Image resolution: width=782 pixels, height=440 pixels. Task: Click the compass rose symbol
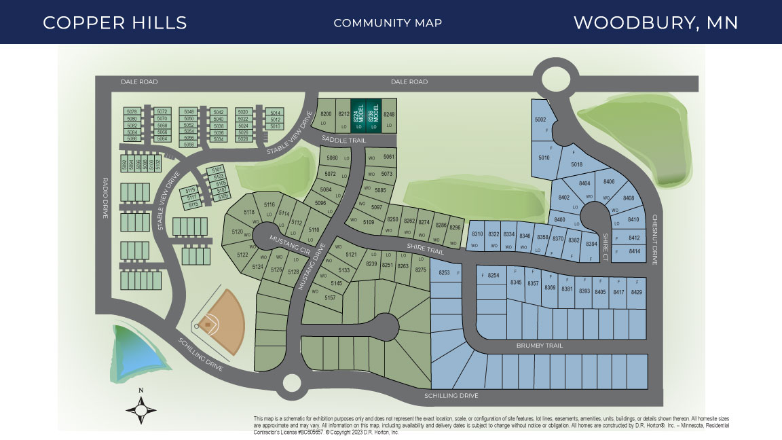pyautogui.click(x=141, y=408)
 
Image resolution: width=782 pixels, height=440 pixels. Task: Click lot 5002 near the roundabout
pyautogui.click(x=540, y=120)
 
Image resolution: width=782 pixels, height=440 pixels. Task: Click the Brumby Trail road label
pyautogui.click(x=540, y=346)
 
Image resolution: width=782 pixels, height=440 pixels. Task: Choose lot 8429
pyautogui.click(x=636, y=291)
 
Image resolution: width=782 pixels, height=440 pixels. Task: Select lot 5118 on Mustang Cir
pyautogui.click(x=249, y=212)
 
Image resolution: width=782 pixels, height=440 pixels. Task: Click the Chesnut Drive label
pyautogui.click(x=655, y=240)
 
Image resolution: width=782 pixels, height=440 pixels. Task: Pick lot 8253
pyautogui.click(x=445, y=272)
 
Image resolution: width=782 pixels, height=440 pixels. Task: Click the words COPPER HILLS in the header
pyautogui.click(x=115, y=22)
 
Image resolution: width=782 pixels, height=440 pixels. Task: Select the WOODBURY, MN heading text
pyautogui.click(x=655, y=22)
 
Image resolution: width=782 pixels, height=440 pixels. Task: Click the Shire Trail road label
pyautogui.click(x=424, y=248)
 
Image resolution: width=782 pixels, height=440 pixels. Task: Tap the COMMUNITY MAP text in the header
pyautogui.click(x=388, y=23)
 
